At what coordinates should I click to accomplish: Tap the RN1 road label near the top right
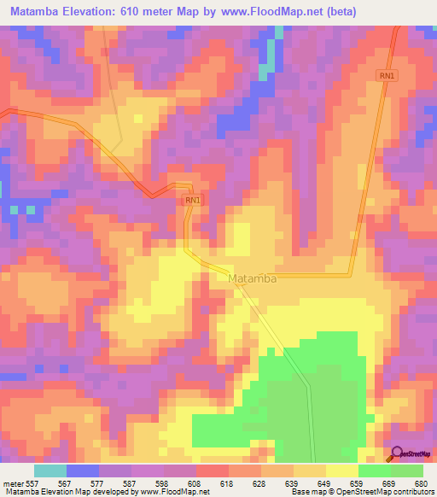[387, 76]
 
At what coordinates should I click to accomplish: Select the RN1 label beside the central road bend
[193, 200]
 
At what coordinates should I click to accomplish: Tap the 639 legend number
[295, 482]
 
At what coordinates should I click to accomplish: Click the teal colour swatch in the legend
[50, 471]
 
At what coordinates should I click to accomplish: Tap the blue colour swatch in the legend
[83, 471]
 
